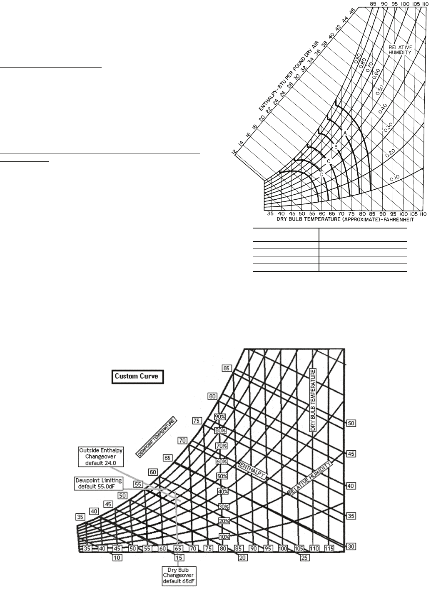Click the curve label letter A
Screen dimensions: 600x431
click(x=345, y=133)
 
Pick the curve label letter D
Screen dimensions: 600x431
click(x=322, y=174)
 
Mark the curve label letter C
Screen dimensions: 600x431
click(x=329, y=161)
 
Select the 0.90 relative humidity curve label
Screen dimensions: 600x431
click(x=357, y=58)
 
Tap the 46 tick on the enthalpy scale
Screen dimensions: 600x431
click(x=352, y=11)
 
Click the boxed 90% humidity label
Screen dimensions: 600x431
click(x=220, y=417)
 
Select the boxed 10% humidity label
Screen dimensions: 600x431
click(x=224, y=537)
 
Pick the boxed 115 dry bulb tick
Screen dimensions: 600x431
click(x=329, y=549)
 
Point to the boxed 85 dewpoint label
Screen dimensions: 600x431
click(x=227, y=368)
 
